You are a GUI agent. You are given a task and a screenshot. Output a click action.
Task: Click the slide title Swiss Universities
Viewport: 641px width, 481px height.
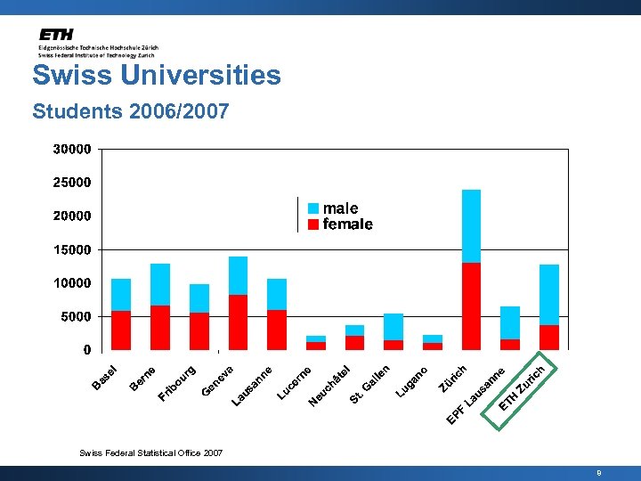pyautogui.click(x=157, y=75)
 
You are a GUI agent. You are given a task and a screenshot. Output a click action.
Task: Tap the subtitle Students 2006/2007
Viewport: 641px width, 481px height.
pyautogui.click(x=130, y=112)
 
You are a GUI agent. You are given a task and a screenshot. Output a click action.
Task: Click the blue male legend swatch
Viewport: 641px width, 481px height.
pyautogui.click(x=313, y=208)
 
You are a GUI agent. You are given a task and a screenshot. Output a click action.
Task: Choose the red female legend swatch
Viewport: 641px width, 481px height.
pyautogui.click(x=313, y=224)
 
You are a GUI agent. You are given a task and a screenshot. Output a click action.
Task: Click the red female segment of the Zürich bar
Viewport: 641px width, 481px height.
pyautogui.click(x=471, y=306)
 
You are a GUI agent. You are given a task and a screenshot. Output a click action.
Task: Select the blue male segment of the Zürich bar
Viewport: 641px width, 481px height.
pyautogui.click(x=471, y=226)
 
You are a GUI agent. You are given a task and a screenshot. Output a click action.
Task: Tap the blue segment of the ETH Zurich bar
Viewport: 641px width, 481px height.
pyautogui.click(x=549, y=295)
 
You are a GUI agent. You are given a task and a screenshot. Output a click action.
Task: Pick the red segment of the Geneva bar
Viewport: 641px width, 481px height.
pyautogui.click(x=238, y=322)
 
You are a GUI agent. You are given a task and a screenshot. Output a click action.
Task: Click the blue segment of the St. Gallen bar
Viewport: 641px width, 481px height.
pyautogui.click(x=394, y=327)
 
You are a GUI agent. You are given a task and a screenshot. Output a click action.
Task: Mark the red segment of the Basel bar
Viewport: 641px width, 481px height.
pyautogui.click(x=121, y=330)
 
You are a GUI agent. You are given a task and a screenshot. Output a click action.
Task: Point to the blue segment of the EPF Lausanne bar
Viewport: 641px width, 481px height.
pyautogui.click(x=510, y=322)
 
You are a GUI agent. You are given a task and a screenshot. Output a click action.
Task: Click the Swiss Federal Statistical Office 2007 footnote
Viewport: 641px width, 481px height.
pyautogui.click(x=150, y=453)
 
